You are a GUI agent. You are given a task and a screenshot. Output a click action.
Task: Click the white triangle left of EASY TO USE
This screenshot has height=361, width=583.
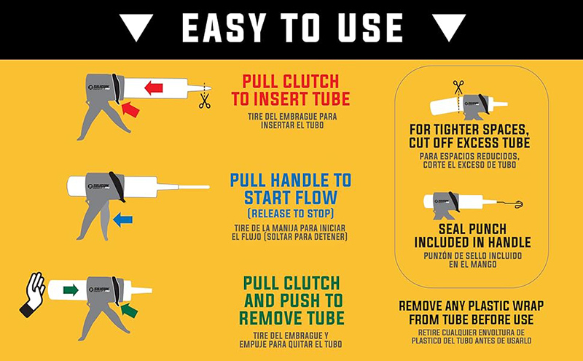click(x=136, y=26)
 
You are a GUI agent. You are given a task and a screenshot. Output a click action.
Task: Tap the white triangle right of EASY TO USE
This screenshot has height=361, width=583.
click(x=449, y=26)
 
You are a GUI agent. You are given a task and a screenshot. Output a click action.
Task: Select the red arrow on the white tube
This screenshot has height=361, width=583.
click(x=154, y=88)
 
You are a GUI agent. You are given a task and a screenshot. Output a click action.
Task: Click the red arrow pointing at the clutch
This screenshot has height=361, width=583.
click(x=130, y=109)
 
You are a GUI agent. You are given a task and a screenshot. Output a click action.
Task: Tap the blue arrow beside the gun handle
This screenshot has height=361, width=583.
click(x=122, y=220)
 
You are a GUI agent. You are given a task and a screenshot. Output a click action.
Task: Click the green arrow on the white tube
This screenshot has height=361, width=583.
click(x=71, y=290)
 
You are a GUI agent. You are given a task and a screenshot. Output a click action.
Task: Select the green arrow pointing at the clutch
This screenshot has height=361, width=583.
click(x=129, y=310)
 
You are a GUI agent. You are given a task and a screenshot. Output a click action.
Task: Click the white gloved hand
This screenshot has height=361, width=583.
click(x=34, y=293)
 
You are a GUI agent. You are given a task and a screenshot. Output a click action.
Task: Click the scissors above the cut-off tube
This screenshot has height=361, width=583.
click(x=458, y=87)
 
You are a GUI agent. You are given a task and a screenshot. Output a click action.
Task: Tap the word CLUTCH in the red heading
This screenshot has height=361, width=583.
click(x=311, y=82)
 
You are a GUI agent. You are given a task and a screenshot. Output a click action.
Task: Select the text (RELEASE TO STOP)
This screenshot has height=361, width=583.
click(x=290, y=214)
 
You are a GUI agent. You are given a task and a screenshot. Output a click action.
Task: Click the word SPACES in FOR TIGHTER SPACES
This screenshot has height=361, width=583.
click(x=504, y=130)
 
